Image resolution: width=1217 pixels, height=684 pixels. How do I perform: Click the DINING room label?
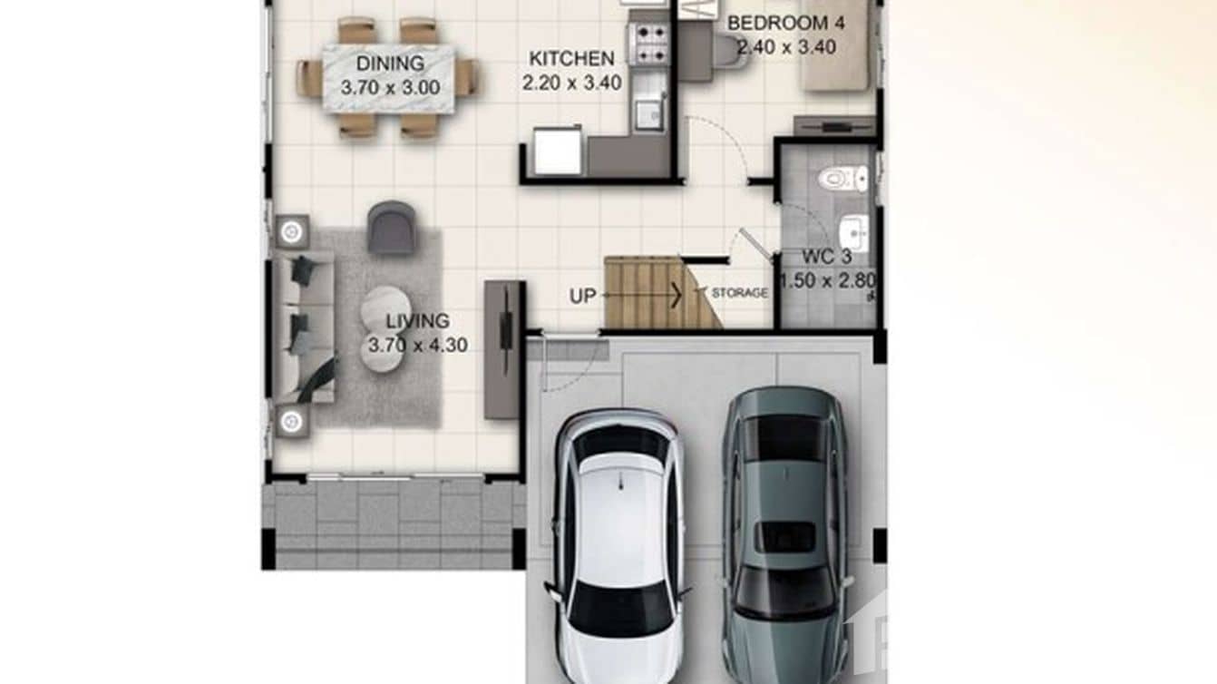point(390,64)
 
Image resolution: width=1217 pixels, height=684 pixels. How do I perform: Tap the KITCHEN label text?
point(571,59)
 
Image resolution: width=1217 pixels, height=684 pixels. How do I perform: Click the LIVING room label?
point(417,321)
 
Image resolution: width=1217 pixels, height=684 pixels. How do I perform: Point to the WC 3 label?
point(826,257)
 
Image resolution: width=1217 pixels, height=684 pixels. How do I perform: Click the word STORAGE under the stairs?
point(739,293)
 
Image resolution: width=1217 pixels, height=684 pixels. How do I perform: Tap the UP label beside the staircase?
point(582,296)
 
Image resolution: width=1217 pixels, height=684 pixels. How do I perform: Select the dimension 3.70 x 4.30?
point(417,346)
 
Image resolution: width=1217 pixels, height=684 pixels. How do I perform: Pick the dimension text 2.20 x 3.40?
point(571,83)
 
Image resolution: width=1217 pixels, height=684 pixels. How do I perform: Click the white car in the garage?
point(619,544)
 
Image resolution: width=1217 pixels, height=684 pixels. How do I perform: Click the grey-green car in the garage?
point(784,535)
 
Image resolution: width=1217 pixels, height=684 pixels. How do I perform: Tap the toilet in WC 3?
point(842,179)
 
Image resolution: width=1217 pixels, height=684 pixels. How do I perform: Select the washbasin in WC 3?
point(853,232)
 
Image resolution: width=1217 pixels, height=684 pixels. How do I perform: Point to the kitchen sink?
point(647,113)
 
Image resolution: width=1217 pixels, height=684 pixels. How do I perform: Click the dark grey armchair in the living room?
point(392,228)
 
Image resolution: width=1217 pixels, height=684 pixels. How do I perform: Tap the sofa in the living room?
point(303,327)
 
